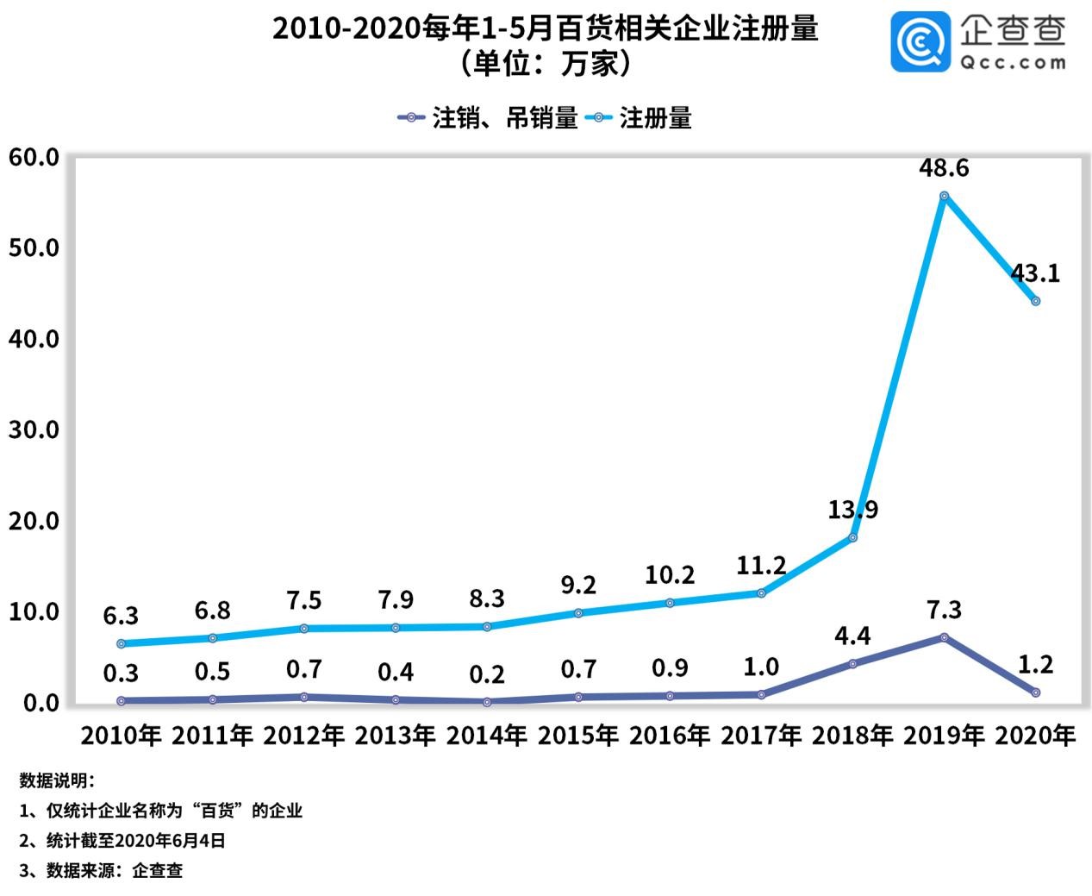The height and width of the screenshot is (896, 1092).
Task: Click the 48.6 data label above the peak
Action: point(944,167)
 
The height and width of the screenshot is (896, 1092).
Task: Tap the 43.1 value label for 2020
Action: point(1035,274)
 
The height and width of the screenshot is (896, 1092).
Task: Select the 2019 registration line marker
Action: point(944,196)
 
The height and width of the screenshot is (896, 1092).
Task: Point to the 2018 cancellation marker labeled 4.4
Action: point(852,664)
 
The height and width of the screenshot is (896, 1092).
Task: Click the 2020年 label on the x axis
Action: point(1035,736)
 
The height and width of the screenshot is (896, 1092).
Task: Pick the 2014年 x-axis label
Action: point(487,736)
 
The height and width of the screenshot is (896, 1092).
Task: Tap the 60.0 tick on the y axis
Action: point(34,158)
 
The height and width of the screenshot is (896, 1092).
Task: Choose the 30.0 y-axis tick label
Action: point(34,429)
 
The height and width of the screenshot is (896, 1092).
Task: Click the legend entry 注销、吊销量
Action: point(487,118)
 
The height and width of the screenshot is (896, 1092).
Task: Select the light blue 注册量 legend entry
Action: point(640,118)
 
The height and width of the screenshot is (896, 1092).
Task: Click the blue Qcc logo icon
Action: point(920,41)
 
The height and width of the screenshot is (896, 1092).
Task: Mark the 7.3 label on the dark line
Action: point(944,611)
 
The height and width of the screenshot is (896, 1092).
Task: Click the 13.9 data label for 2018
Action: point(852,510)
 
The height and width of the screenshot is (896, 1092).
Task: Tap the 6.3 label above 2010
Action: point(121,616)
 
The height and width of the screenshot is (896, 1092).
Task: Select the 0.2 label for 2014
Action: point(487,674)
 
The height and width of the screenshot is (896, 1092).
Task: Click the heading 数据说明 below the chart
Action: point(57,781)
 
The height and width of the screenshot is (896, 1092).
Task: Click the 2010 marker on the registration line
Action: point(121,643)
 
